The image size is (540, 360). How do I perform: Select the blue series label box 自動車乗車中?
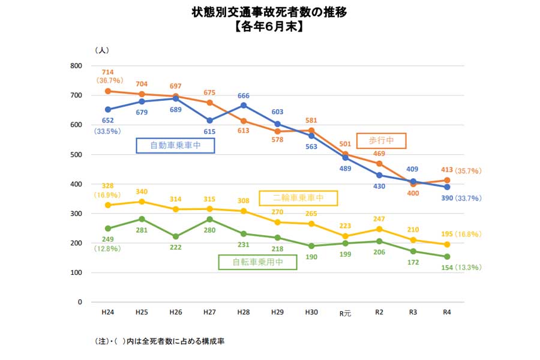(175, 145)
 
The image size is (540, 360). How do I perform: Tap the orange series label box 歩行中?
(381, 140)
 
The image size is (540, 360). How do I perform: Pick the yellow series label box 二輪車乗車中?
(298, 198)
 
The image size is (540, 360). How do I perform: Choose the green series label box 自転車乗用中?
(258, 262)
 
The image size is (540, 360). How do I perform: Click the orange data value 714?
(108, 72)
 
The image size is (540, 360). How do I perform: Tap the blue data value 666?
(244, 95)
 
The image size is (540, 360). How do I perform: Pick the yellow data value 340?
(142, 193)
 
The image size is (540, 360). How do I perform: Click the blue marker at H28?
(244, 106)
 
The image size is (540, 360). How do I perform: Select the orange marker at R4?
(447, 180)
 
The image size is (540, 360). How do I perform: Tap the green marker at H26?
(176, 236)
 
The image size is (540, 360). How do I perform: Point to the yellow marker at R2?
(379, 229)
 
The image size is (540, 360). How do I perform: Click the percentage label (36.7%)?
(109, 80)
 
